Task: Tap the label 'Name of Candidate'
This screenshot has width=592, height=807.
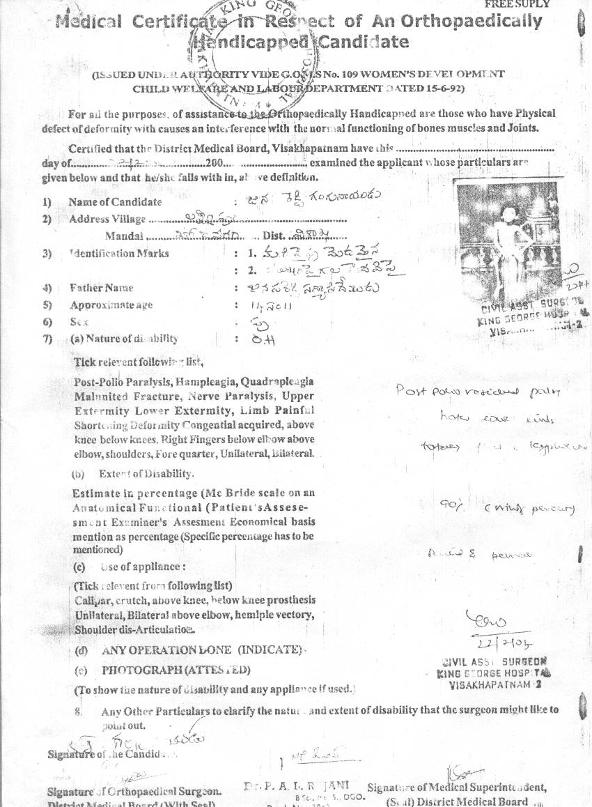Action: (x=115, y=202)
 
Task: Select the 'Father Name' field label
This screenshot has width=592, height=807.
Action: (x=101, y=288)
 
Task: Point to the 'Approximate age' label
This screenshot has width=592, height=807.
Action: (x=111, y=305)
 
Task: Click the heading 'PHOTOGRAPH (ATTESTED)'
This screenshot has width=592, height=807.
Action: (x=176, y=670)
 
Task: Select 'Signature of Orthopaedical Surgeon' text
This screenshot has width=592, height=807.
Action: (x=134, y=791)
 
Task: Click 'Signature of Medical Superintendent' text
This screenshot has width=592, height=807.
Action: (x=456, y=787)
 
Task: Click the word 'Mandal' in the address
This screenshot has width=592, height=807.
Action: (x=124, y=236)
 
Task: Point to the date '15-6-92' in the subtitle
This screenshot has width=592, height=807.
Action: (x=442, y=89)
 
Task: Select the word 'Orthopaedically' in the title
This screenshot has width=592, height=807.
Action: (x=481, y=22)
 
